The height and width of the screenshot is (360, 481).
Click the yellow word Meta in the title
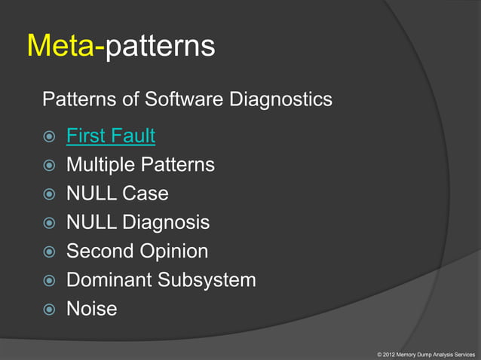pos(62,46)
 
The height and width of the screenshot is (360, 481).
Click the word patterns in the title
pos(160,47)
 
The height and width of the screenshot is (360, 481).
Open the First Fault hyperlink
pos(111,136)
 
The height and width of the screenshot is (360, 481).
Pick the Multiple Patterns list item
pos(140,165)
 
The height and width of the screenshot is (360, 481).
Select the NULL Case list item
pos(117,194)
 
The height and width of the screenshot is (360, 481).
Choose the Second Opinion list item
pos(137,252)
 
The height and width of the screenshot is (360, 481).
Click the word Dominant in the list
pos(109,280)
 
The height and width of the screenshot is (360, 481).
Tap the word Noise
pos(92,309)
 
